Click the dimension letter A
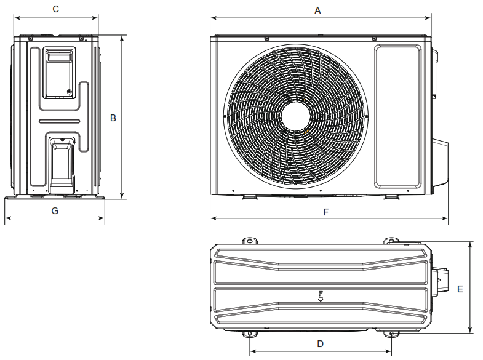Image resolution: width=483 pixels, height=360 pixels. pos(317,10)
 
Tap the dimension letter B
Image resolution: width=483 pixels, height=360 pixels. pos(113,118)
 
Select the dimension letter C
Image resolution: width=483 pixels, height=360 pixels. pos(56,9)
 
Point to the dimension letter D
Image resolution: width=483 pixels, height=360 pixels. pos(321,344)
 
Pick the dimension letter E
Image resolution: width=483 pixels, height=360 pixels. pos(460,289)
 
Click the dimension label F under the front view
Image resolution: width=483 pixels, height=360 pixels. pos(326,212)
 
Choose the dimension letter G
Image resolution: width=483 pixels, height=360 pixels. pos(55,211)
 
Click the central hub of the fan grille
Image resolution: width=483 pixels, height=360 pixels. pos(296,116)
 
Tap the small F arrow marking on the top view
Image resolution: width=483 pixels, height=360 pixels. pos(321,296)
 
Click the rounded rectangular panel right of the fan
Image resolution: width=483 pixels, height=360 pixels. pos(397,116)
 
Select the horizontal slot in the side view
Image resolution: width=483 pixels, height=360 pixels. pos(60,121)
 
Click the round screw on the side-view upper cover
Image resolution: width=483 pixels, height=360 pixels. pos(69,92)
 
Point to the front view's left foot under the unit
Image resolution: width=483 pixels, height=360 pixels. pos(250,197)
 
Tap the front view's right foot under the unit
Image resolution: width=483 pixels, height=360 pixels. pos(391,197)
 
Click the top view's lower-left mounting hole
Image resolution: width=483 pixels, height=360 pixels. pos(250,334)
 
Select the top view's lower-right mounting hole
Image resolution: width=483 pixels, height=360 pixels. pos(391,334)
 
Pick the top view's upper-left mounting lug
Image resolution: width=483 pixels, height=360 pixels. pos(250,241)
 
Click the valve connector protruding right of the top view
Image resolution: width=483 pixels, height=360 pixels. pos(441,281)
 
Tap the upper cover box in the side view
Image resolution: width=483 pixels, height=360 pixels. pos(59,73)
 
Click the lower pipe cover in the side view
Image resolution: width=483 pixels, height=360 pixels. pos(62,166)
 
